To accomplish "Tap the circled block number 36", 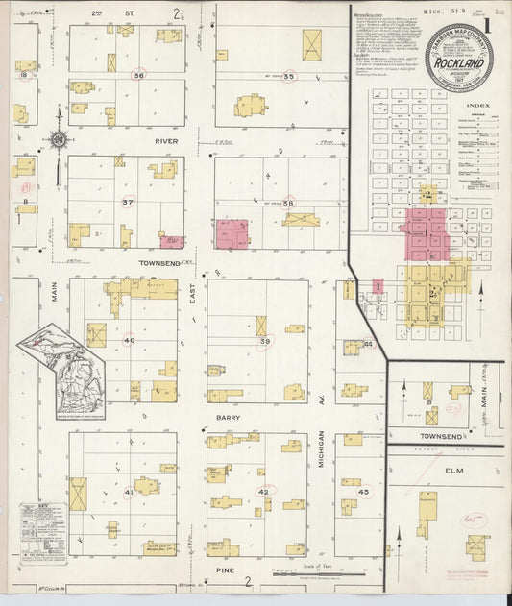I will tap(139, 75).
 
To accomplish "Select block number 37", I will tap(128, 202).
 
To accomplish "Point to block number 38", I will tap(286, 202).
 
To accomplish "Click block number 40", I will tap(129, 340).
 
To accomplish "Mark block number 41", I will tap(129, 492).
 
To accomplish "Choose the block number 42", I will tap(265, 491).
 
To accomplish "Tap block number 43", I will tap(362, 492).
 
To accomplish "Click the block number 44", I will tap(367, 343).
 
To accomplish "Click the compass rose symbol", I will tap(59, 140).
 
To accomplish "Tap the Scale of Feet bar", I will tap(317, 573).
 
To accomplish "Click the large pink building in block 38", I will tap(232, 233).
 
